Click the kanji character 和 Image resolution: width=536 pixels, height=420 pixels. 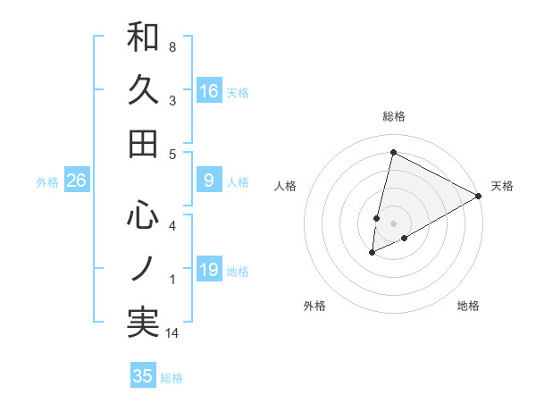click(143, 38)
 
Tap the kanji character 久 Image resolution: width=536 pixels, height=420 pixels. click(143, 90)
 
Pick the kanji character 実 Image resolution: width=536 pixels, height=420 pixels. click(143, 323)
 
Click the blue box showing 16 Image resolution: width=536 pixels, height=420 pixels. click(209, 90)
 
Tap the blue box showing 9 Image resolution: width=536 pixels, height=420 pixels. click(209, 181)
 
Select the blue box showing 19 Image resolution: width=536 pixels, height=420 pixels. click(209, 270)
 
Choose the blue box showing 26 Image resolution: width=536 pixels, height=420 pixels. click(76, 181)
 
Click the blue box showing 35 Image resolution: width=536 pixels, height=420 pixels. click(143, 376)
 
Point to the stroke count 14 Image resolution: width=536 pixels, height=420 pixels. click(174, 334)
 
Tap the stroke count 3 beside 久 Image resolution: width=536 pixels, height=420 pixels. click(172, 102)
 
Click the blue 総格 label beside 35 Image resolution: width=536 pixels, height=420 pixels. click(172, 378)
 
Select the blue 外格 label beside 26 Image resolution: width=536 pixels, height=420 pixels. click(47, 182)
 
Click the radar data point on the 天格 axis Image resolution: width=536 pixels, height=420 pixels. click(480, 196)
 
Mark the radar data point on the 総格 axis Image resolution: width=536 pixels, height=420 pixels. click(393, 152)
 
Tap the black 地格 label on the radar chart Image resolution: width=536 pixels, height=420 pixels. click(468, 306)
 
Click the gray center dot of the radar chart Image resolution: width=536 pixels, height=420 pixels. click(393, 223)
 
